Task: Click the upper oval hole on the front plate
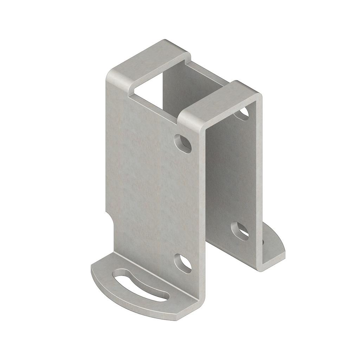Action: [x=183, y=143]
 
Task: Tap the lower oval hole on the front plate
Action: [x=183, y=263]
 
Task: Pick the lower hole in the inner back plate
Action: [x=240, y=231]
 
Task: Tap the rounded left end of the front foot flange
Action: [x=94, y=272]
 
